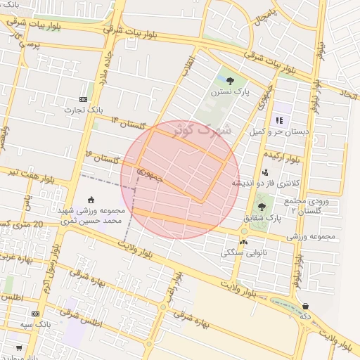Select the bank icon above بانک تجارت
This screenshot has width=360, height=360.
83,100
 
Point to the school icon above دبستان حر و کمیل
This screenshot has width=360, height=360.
279,120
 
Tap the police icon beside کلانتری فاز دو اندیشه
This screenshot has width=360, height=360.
265,172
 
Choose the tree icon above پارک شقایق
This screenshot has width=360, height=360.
262,207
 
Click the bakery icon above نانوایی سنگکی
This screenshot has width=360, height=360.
243,242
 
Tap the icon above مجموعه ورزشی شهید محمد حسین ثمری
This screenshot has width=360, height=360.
90,200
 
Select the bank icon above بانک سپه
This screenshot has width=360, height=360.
35,314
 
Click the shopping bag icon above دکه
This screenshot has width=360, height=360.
306,306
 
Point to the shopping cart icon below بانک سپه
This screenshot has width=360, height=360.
18,347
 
